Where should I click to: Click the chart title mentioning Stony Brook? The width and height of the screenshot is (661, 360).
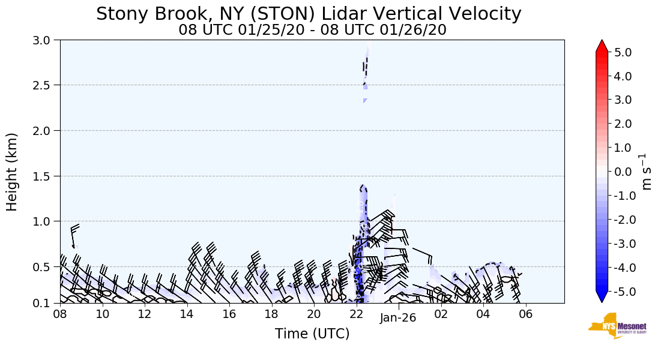(309, 14)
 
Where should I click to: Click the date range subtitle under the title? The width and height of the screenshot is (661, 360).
(312, 30)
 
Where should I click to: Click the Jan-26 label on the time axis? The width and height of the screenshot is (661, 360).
(398, 318)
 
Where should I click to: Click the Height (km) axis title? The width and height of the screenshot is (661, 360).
(13, 172)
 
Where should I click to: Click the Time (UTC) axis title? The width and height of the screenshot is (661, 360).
(312, 334)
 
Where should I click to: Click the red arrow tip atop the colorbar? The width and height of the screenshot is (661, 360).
(602, 44)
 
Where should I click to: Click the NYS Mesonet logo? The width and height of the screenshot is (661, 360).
(617, 326)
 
